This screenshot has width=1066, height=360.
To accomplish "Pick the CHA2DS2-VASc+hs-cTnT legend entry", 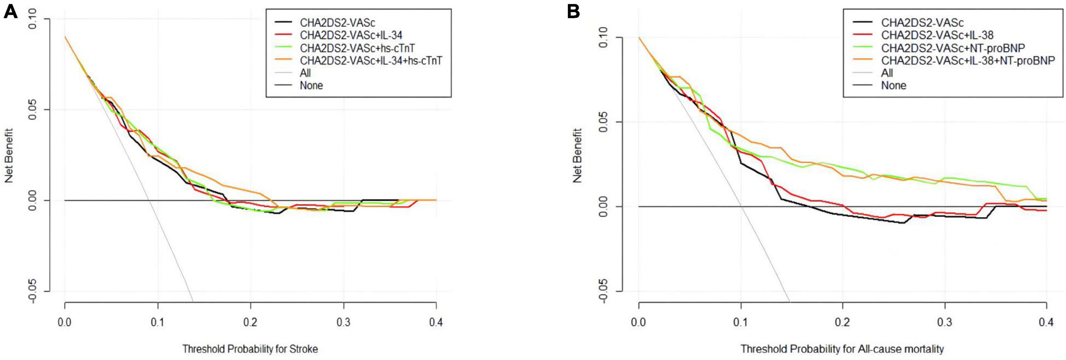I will click(357, 48).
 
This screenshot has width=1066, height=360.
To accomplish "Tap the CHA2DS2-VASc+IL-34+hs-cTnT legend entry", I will click(371, 60).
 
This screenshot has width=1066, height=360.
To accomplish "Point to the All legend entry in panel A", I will click(305, 73).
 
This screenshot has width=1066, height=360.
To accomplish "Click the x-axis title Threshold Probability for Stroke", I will click(250, 349).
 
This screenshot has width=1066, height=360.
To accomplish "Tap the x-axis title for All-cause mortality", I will click(842, 349).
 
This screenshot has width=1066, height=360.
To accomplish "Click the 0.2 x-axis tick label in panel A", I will click(250, 322).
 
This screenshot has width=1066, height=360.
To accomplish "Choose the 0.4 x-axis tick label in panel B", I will click(1046, 322).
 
